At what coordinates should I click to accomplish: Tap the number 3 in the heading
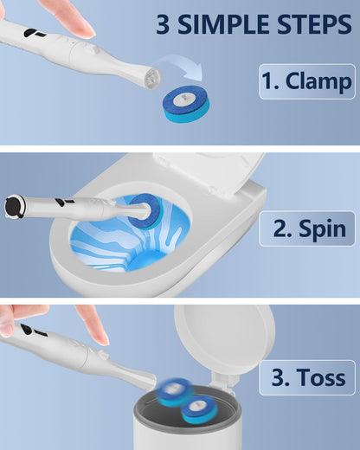pos(163,24)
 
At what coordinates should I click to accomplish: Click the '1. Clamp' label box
pos(307,81)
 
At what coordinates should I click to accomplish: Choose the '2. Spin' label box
pos(307,228)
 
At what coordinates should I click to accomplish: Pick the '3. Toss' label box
pos(307,377)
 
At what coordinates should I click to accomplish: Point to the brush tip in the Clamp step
pos(153,77)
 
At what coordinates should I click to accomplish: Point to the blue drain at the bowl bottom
pos(147,260)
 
